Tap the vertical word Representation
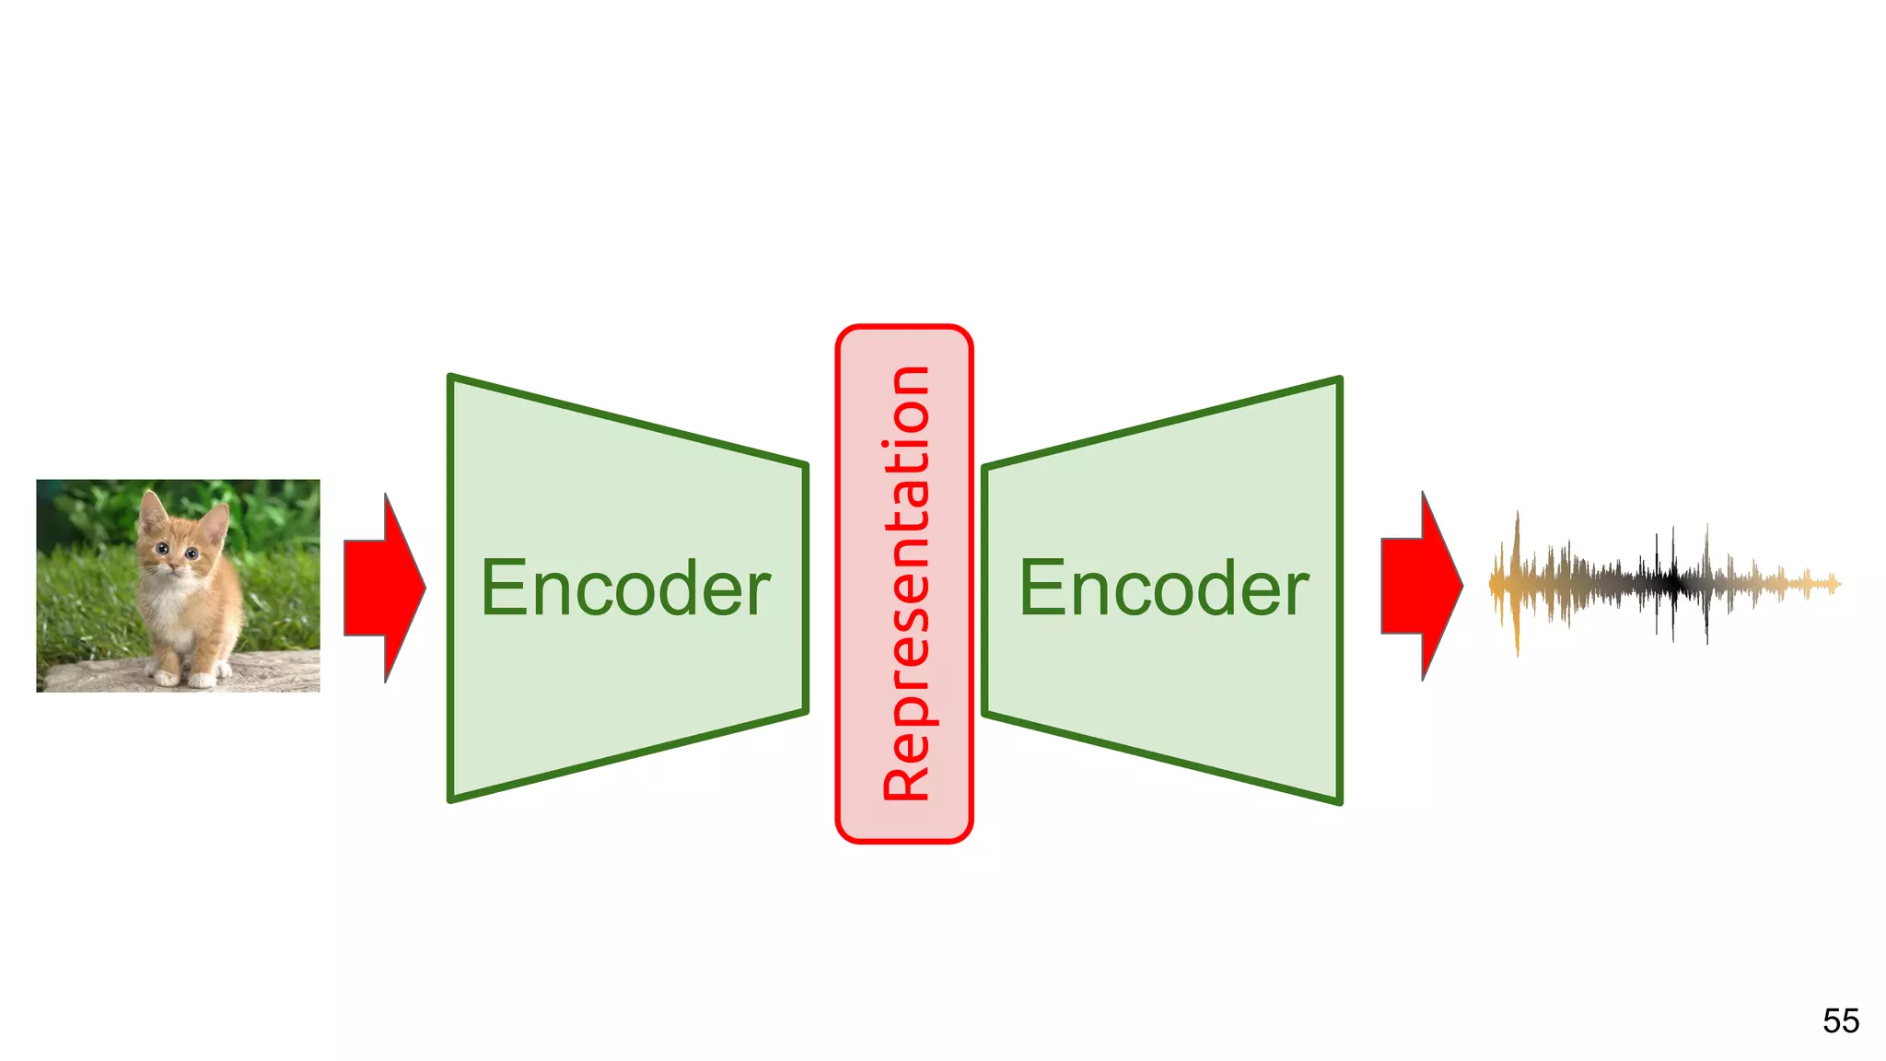[x=905, y=583]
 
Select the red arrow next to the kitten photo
[x=384, y=588]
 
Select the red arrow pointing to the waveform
[x=1421, y=587]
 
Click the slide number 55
[x=1840, y=1020]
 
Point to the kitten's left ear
[x=152, y=509]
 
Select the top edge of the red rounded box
[x=904, y=327]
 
